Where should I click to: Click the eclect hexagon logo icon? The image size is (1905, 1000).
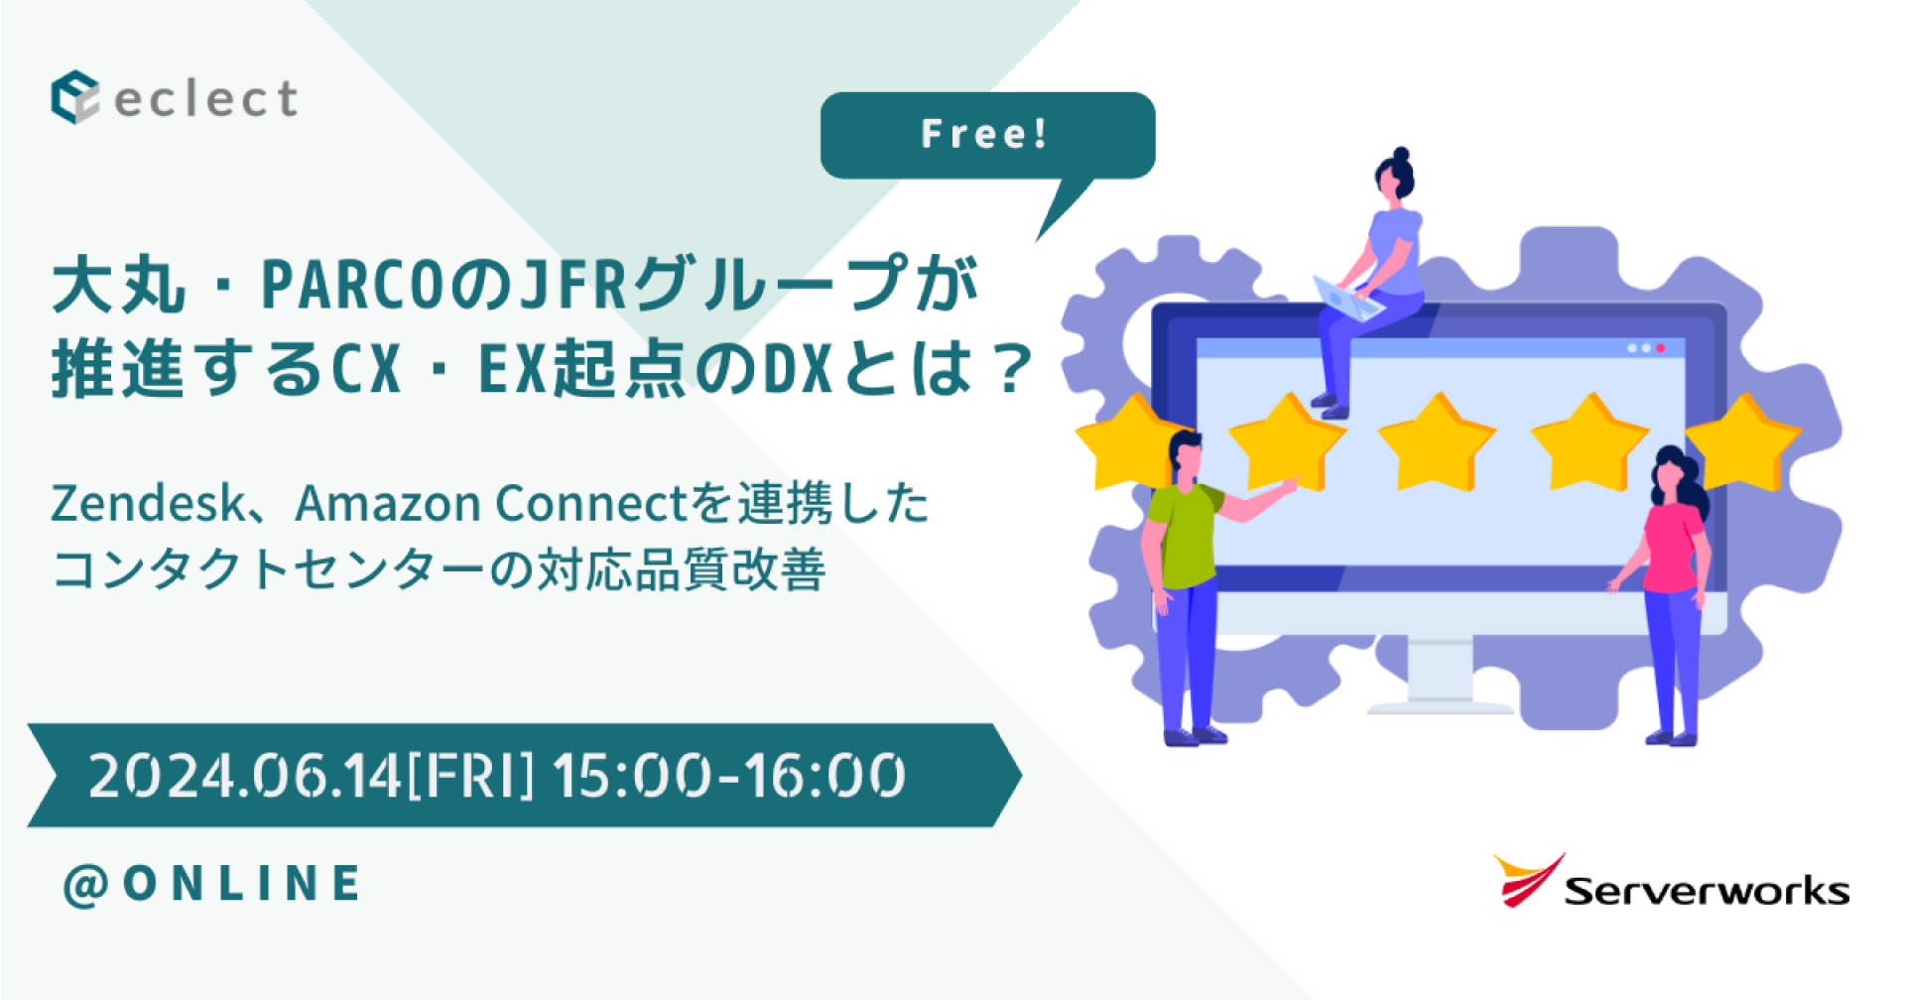point(74,97)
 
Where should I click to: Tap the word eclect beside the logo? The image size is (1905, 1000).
point(206,99)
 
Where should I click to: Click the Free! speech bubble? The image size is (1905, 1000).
point(986,135)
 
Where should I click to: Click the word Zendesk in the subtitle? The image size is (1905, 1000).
point(147,503)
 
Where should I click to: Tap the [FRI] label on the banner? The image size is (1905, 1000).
point(470,776)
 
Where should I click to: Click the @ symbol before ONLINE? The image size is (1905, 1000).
point(85,885)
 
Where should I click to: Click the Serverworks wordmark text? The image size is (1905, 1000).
point(1707,891)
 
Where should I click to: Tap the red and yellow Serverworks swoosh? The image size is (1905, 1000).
point(1527,879)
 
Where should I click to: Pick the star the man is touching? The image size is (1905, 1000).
point(1286,441)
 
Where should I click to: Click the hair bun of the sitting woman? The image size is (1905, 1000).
point(1401,156)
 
